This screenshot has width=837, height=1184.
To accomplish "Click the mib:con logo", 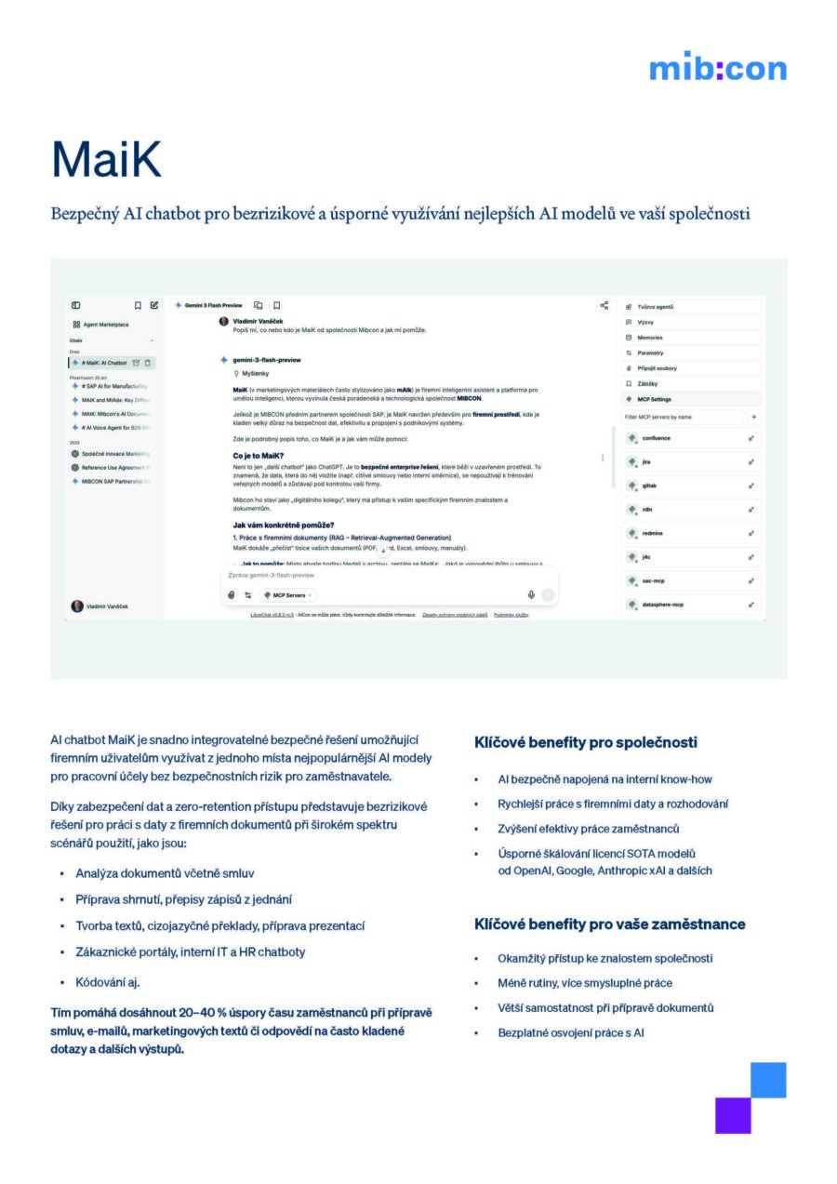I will (717, 68).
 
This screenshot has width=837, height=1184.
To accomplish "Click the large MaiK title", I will (106, 159).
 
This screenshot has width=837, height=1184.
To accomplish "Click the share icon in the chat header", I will (604, 305).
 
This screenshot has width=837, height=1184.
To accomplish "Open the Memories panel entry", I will (650, 338).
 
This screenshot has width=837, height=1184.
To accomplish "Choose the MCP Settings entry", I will (655, 399).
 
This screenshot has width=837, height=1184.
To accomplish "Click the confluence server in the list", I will (656, 438).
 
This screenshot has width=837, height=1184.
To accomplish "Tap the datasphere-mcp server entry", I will (663, 605).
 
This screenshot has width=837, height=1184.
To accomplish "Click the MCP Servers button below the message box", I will (288, 595).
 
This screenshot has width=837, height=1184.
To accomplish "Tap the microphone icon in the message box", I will (531, 594).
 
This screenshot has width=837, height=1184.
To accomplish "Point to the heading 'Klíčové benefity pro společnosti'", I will (586, 743).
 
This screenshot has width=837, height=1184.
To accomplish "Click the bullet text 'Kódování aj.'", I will (108, 982).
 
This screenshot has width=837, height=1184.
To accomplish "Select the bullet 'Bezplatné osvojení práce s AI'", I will (571, 1032).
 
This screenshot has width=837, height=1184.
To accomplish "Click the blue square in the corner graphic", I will (768, 1080).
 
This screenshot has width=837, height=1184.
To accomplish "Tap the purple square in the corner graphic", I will (733, 1115).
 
